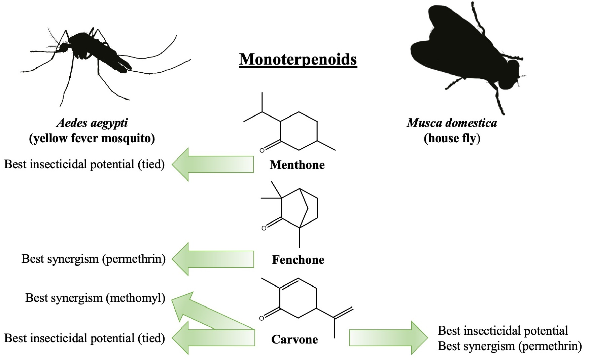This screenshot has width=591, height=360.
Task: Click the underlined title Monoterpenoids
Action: [298, 60]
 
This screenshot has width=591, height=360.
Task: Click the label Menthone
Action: [297, 165]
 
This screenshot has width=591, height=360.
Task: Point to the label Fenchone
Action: [298, 260]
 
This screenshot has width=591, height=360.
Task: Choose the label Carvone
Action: [294, 339]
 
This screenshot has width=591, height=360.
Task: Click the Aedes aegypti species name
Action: [92, 123]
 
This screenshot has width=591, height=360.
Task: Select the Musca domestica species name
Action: [452, 123]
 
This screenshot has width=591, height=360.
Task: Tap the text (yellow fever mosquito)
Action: [92, 138]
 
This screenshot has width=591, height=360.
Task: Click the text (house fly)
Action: [452, 138]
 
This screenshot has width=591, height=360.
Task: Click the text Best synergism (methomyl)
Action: [95, 298]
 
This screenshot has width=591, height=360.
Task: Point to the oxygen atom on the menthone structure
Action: [262, 150]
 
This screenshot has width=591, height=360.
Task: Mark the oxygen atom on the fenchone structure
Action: [264, 228]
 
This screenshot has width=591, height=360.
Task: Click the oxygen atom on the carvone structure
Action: [262, 318]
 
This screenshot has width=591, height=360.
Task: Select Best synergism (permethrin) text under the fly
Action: [510, 346]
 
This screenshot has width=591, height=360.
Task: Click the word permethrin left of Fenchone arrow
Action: [134, 259]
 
